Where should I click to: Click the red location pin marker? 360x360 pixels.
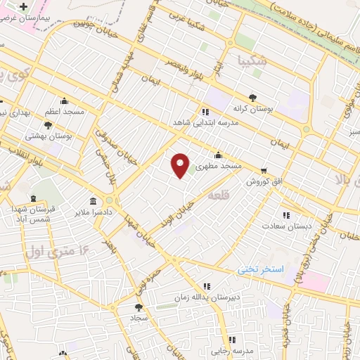tap(181, 165)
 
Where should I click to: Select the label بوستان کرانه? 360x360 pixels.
tap(252, 109)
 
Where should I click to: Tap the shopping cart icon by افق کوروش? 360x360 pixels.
tap(264, 170)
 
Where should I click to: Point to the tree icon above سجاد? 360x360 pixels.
tap(138, 307)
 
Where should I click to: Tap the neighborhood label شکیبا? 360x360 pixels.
tap(252, 61)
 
